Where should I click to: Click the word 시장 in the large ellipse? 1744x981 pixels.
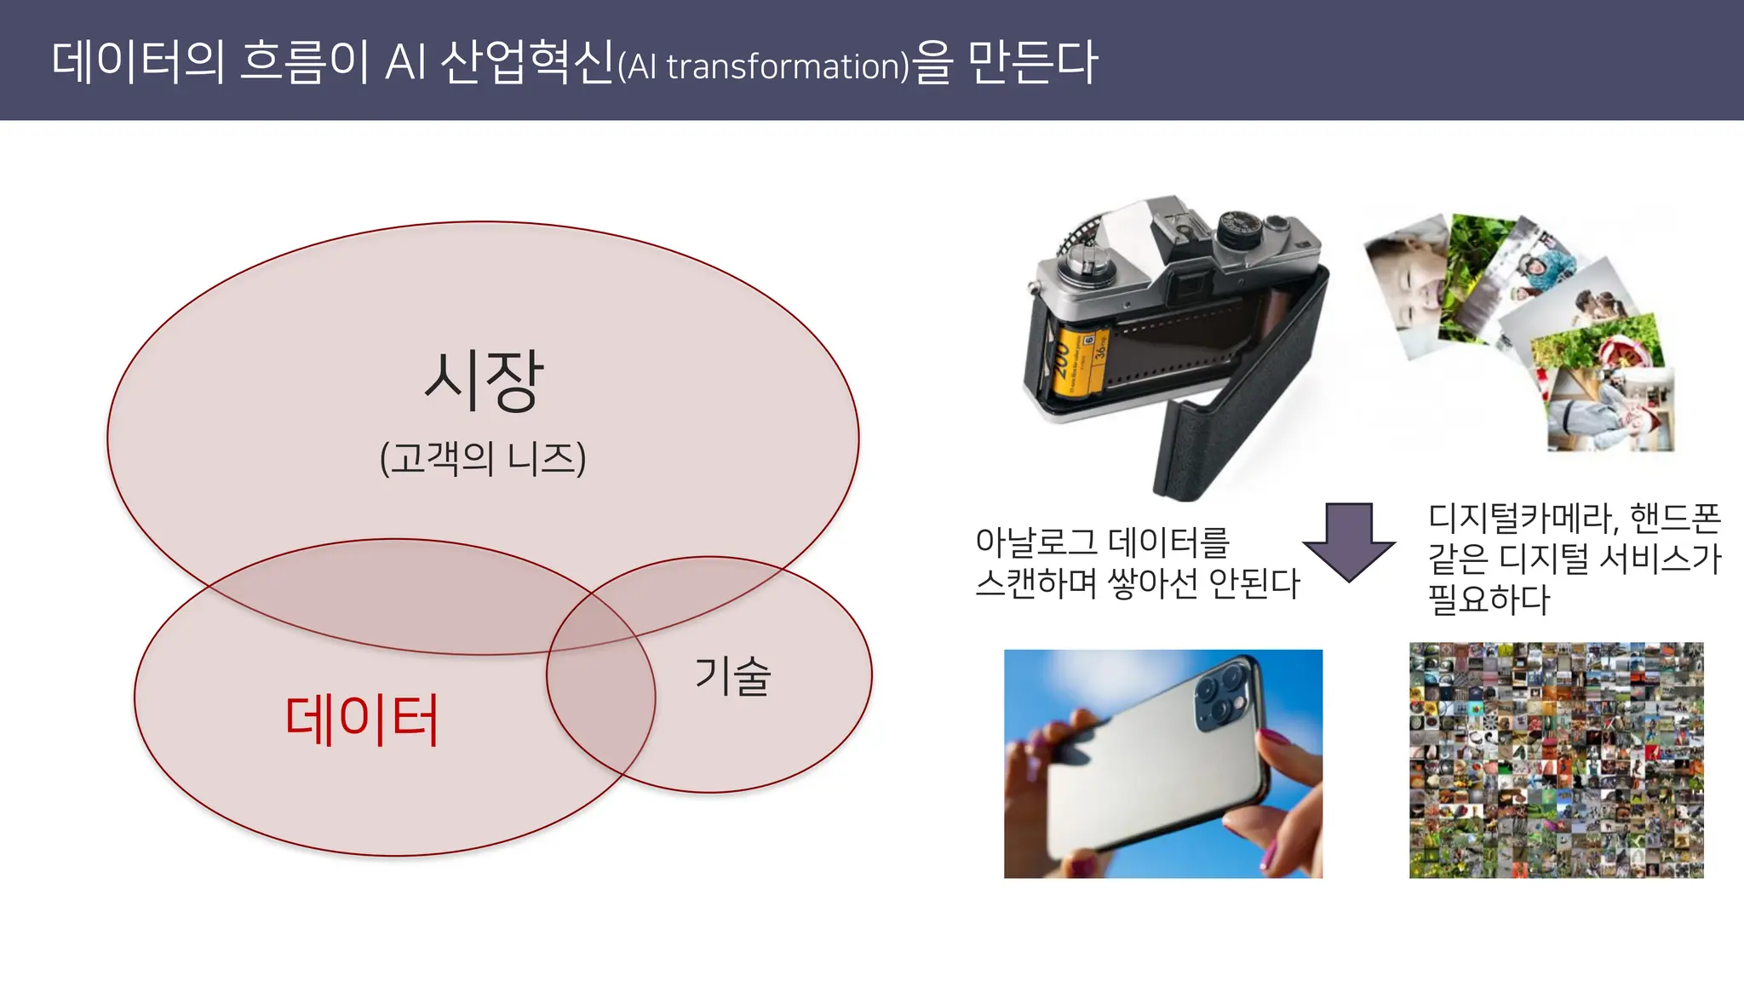click(x=483, y=381)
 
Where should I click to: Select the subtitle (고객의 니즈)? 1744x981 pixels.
click(x=483, y=458)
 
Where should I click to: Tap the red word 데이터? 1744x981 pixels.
click(x=362, y=720)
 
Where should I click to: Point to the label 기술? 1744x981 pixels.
click(x=732, y=676)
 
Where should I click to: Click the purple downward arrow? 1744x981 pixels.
click(x=1349, y=542)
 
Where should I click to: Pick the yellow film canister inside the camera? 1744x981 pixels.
click(x=1077, y=362)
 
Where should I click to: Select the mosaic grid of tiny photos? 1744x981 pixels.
click(x=1556, y=760)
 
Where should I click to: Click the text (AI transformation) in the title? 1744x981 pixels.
click(x=763, y=66)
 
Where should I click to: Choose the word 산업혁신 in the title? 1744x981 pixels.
click(x=527, y=61)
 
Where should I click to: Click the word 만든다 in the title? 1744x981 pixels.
click(x=1033, y=61)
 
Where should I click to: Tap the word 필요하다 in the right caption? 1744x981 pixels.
click(x=1489, y=599)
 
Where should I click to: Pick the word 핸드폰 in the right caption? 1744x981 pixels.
click(x=1675, y=517)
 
